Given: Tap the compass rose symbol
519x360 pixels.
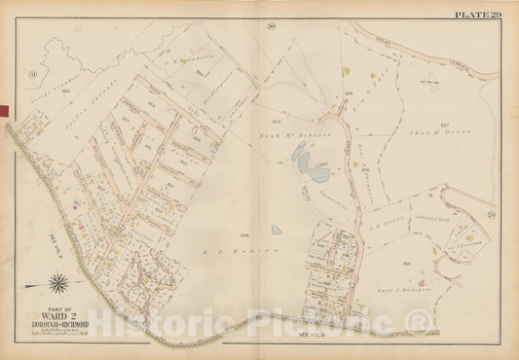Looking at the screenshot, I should [58, 283].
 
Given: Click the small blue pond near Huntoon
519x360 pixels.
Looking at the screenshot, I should [277, 231].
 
